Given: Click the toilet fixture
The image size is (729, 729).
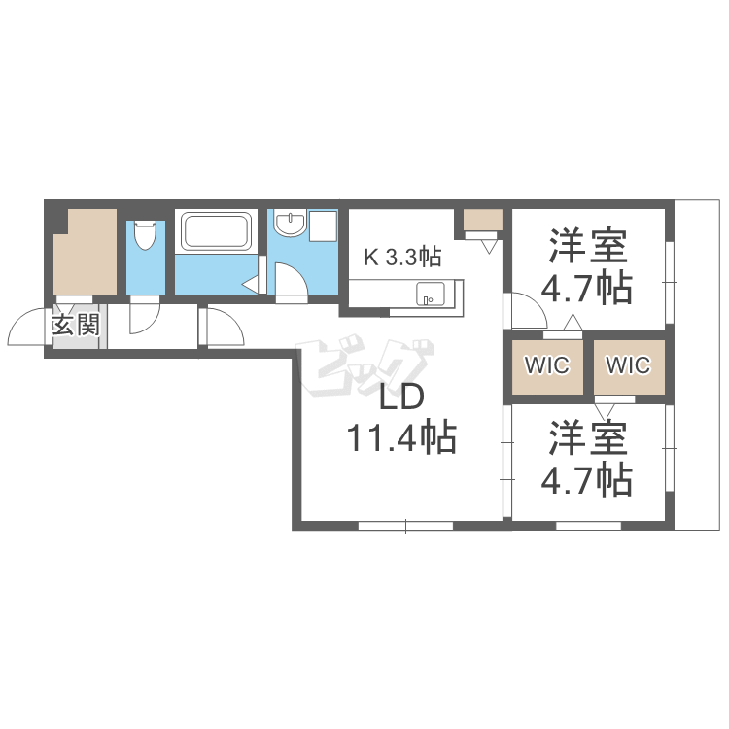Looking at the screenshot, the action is [144, 235].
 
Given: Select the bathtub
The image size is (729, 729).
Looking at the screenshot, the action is [216, 231].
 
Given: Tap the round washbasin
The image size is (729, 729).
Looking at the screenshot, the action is [290, 224].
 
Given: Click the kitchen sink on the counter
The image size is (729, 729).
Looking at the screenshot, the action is [430, 294].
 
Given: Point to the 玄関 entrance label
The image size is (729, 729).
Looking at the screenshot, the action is [76, 325].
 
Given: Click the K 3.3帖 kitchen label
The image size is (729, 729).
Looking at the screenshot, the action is [402, 257].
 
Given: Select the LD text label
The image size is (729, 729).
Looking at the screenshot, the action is [401, 398].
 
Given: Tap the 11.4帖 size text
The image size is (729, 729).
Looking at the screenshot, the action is [401, 437].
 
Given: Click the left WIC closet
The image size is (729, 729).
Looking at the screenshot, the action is [547, 367].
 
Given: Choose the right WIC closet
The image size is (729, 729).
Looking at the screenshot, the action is [629, 367].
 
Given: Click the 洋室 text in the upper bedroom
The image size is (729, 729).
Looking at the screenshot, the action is [588, 246].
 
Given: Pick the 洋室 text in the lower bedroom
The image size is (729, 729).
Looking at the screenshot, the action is [588, 438].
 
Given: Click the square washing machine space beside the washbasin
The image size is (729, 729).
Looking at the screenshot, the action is [323, 226].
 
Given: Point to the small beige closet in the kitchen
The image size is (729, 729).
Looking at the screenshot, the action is [483, 220].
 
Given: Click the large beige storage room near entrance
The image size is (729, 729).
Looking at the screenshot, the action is [86, 252].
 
